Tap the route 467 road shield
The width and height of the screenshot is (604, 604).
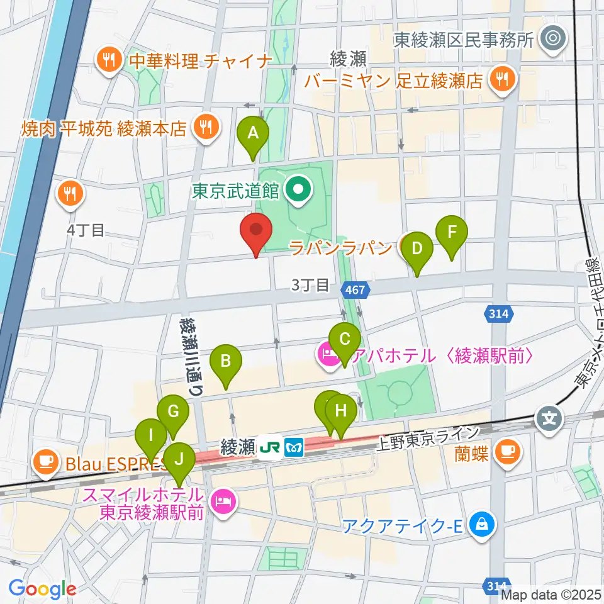356,289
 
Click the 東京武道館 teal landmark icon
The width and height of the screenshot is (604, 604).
296,187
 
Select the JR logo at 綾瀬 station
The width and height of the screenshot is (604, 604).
271,447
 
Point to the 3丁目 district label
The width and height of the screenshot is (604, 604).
310,285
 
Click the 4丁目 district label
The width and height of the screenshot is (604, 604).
86,230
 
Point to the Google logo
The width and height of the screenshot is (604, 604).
42,589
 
